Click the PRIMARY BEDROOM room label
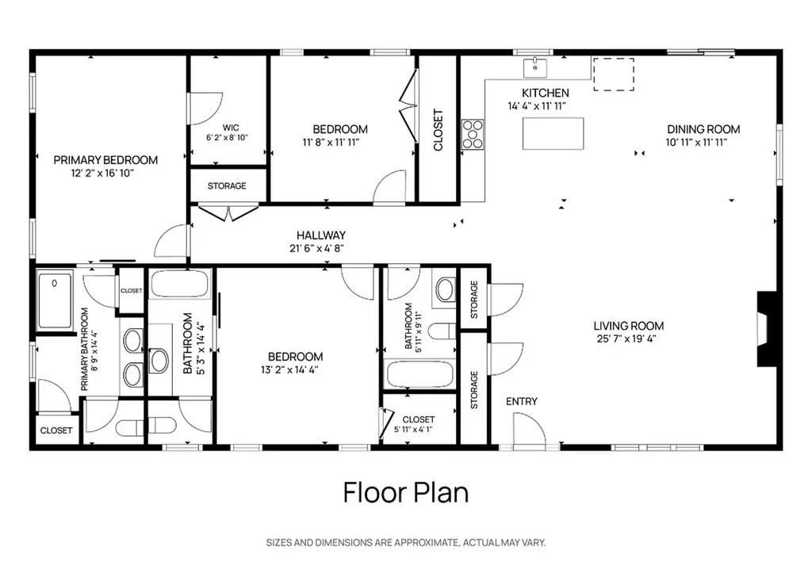[x=105, y=159]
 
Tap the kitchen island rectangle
[x=553, y=134]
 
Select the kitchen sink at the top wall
[x=537, y=68]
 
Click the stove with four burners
[x=473, y=133]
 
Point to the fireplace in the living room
[x=766, y=329]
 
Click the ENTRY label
[x=522, y=402]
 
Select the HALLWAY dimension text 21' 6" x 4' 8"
[x=320, y=248]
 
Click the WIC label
[x=231, y=127]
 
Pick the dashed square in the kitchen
[x=614, y=74]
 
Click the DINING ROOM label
[x=703, y=129]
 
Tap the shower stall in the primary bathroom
[x=55, y=300]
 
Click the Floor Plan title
[x=405, y=492]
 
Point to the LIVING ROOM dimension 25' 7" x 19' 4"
[x=629, y=338]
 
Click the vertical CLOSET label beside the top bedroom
[x=438, y=130]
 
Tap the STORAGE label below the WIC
[x=227, y=186]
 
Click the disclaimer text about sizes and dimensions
[x=405, y=543]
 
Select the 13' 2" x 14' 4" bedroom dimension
[x=295, y=369]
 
